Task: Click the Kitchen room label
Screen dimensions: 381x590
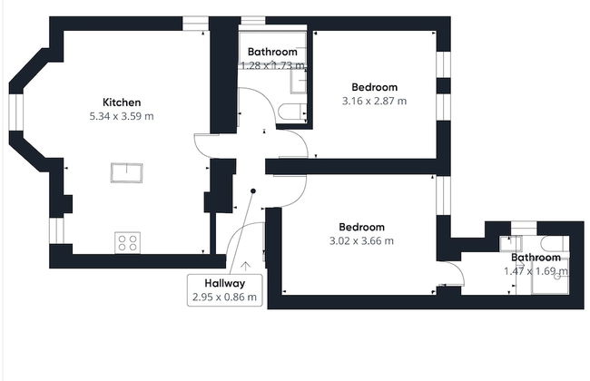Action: point(121,102)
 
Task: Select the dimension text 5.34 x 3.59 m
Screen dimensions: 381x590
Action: point(121,116)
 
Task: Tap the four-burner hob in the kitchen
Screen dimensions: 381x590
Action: point(127,242)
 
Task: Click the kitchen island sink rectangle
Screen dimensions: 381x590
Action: point(126,172)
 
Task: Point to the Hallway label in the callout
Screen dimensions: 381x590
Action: point(224,283)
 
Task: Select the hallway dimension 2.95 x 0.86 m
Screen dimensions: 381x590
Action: point(224,297)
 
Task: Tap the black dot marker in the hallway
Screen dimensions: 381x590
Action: point(254,190)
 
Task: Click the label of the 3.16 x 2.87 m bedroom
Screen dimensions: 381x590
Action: point(373,86)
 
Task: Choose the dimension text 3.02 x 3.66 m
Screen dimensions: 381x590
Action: point(361,241)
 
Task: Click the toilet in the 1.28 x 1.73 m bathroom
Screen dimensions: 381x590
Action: point(292,111)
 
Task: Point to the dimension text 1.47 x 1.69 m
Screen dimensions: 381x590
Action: point(536,270)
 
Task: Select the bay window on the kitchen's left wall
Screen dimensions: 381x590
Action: point(15,117)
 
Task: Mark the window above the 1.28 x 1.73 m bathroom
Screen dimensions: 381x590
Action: point(252,19)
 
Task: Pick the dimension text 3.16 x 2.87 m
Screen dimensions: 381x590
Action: point(373,101)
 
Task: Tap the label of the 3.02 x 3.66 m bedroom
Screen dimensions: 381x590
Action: point(361,227)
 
